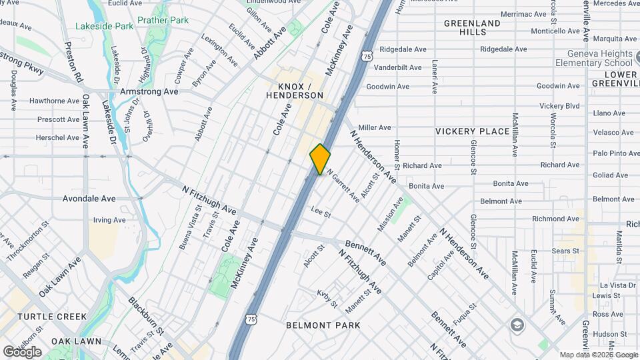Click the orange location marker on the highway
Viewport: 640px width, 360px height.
pos(320,159)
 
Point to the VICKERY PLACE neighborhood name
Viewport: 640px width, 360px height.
pos(472,131)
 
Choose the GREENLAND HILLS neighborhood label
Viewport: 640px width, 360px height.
pos(472,27)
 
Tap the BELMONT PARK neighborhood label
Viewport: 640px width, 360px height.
pos(323,325)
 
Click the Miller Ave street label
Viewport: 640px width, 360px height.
pos(374,127)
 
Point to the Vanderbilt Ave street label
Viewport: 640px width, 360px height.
pos(397,67)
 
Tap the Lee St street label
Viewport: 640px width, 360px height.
pos(321,213)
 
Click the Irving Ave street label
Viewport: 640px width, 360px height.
pos(109,220)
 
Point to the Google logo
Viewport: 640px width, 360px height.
pos(22,352)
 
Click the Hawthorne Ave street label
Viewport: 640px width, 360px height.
pos(55,101)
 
